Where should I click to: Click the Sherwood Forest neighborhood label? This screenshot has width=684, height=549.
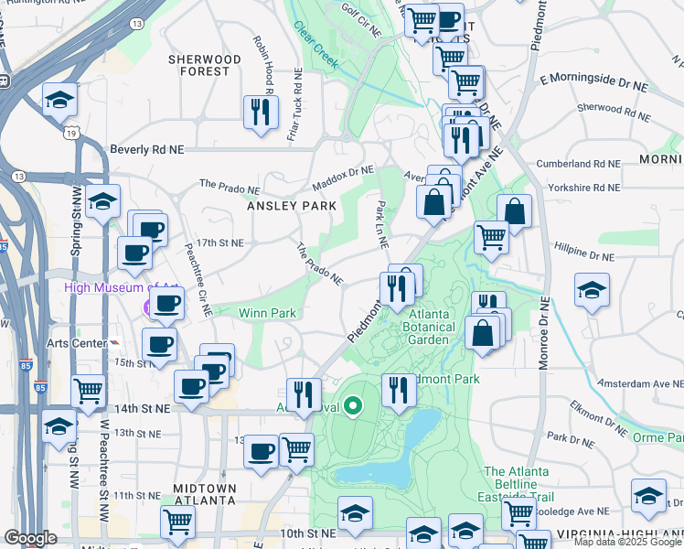204,65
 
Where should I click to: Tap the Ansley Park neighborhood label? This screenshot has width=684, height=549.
285,206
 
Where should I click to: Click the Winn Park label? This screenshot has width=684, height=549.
267,313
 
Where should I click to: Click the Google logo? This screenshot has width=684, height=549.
30,538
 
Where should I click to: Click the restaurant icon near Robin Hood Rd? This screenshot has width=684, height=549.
261,113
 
